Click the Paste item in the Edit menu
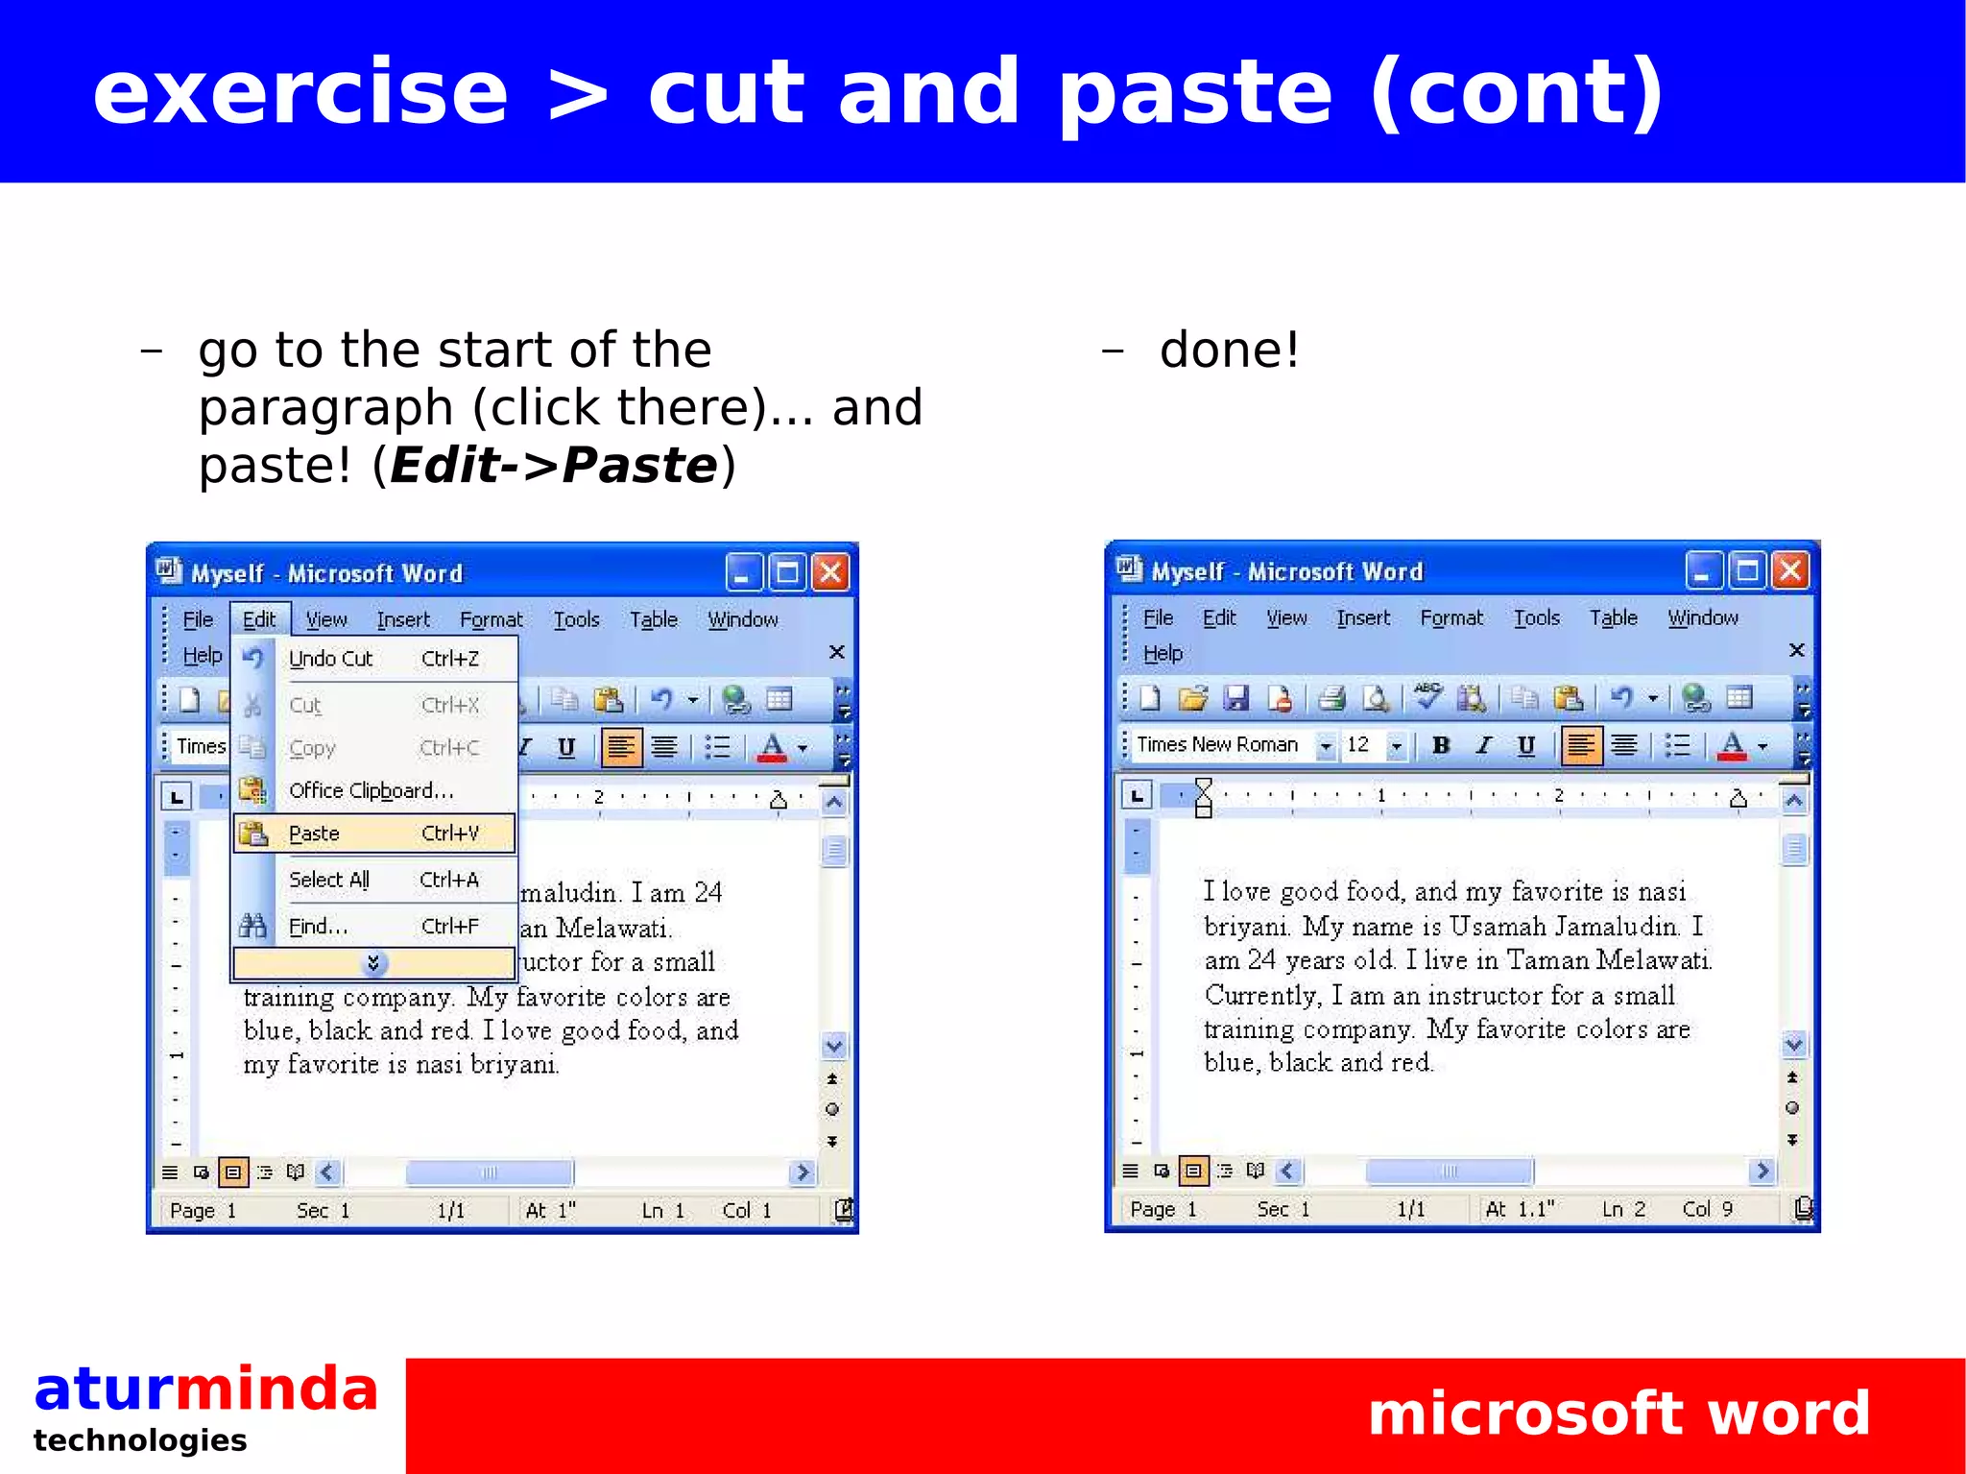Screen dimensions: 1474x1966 (374, 834)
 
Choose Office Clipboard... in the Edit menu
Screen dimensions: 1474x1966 (371, 790)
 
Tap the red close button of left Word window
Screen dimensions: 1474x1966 (830, 573)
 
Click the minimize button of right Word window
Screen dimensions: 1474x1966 (1703, 571)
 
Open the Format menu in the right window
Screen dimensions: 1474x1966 (1451, 618)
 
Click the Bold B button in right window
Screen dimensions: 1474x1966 (1440, 745)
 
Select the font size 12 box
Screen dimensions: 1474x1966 (1358, 745)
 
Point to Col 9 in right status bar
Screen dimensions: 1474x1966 (1707, 1209)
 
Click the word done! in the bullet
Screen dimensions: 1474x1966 (1229, 350)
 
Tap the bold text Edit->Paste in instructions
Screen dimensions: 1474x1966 (554, 466)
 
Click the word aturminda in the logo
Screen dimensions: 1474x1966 (205, 1389)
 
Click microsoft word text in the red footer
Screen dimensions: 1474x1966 (1618, 1414)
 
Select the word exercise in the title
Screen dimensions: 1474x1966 (300, 92)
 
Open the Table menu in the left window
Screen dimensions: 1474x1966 (654, 620)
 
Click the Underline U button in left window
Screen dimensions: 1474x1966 (566, 747)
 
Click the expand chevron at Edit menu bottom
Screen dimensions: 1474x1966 (373, 963)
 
